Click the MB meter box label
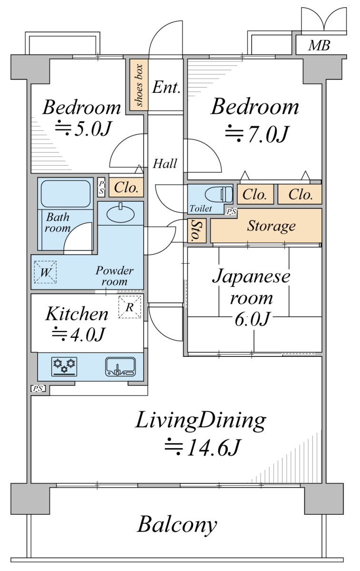coord(319,45)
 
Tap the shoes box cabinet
coord(139,85)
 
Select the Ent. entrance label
coord(166,87)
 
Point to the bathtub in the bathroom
coord(66,194)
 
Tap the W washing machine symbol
coord(45,272)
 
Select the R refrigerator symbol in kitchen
coord(130,307)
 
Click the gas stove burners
coord(64,366)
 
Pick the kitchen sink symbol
coord(120,366)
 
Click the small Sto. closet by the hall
coord(197,230)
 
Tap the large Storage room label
coord(272,226)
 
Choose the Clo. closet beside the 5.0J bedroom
coord(126,188)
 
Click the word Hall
coord(165,163)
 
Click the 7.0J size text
coord(257,134)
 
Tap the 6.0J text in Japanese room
coord(252,319)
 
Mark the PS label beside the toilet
coord(231,211)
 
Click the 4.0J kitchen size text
coord(78,334)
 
